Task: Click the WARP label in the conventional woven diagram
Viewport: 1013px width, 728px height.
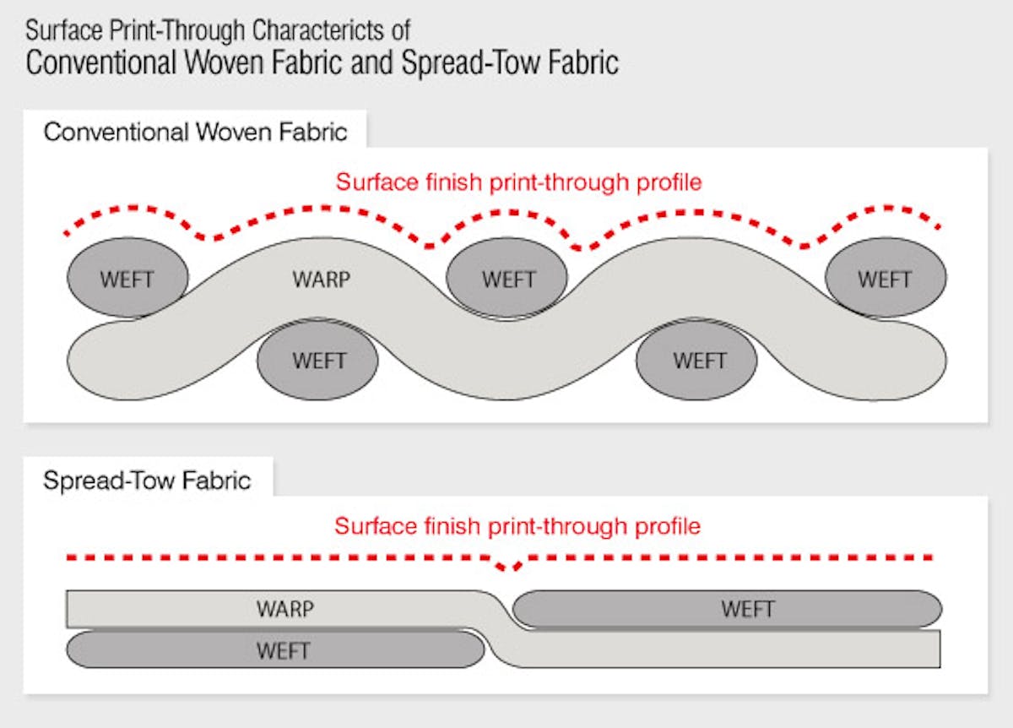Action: coord(321,279)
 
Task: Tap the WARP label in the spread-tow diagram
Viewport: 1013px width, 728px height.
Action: coord(284,608)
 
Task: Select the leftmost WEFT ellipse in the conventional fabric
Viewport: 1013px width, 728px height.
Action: coord(127,280)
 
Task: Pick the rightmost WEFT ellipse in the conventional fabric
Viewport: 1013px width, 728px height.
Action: coord(885,280)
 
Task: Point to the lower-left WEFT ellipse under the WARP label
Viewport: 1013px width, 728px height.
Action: coord(318,361)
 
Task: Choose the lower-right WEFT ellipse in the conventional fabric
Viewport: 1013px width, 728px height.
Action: coord(699,361)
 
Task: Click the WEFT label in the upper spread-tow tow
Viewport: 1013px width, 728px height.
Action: coord(747,608)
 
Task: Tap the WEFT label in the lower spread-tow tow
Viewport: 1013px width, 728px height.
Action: coord(284,651)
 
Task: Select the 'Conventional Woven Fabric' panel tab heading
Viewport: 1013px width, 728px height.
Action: coord(196,133)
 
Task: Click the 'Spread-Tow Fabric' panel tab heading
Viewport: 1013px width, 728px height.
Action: coord(148,481)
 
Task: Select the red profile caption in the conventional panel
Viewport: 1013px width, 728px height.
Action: coord(519,182)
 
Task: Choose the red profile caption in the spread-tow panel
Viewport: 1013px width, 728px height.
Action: coord(517,526)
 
